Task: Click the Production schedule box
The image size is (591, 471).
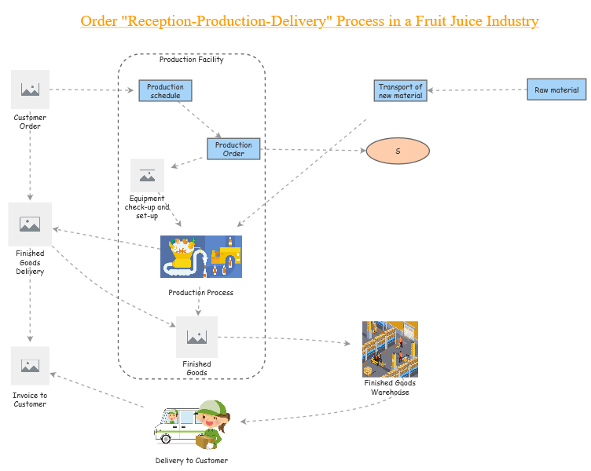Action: (x=165, y=91)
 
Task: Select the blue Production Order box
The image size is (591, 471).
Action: (x=233, y=149)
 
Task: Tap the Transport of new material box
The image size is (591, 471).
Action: (x=400, y=91)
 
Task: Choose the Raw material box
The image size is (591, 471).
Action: (x=556, y=89)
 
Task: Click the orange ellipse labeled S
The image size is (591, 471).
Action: (x=398, y=151)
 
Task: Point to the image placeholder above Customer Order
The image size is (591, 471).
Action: (x=31, y=89)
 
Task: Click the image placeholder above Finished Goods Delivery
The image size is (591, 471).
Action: (x=30, y=224)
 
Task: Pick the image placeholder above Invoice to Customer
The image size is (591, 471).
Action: (x=30, y=366)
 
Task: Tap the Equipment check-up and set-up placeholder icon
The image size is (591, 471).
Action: (x=147, y=175)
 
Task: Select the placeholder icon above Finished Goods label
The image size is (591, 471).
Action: (x=196, y=337)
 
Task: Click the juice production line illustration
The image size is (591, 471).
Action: (x=200, y=257)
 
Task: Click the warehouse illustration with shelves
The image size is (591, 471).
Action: (x=390, y=349)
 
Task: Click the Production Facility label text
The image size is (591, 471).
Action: (x=191, y=60)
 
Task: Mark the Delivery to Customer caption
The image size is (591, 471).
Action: (x=191, y=461)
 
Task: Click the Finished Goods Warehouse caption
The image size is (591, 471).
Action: (x=390, y=388)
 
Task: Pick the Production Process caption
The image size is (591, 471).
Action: (x=200, y=293)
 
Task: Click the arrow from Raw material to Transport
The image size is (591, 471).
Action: (x=476, y=90)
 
